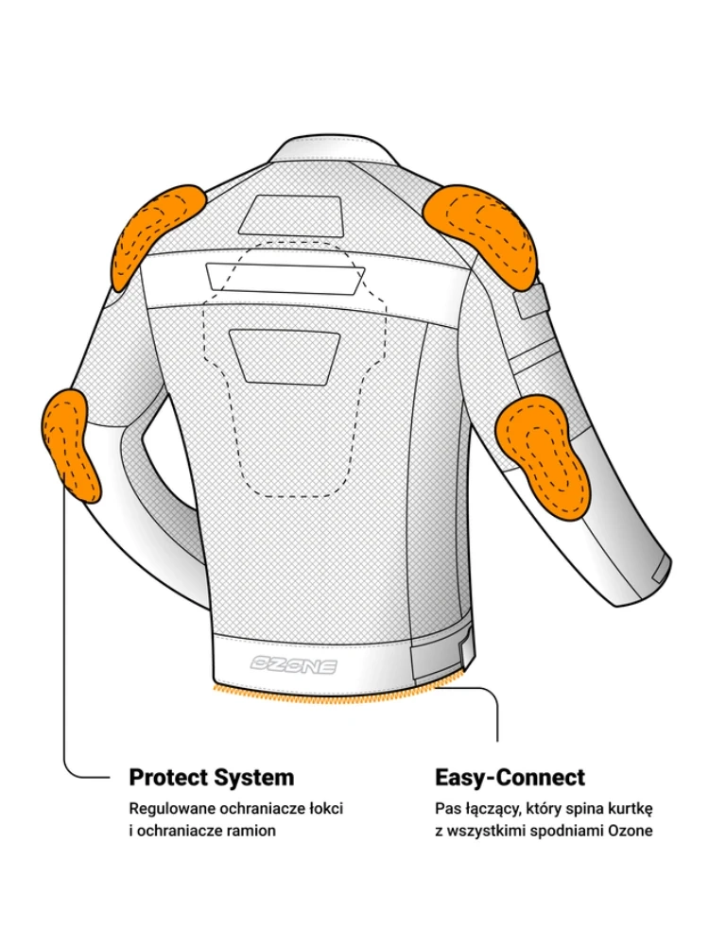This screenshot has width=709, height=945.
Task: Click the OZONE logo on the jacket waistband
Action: tap(293, 664)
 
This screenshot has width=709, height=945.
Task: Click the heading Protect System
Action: tap(211, 778)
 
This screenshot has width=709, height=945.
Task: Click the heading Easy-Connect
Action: tap(510, 778)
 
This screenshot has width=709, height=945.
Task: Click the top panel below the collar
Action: tap(289, 215)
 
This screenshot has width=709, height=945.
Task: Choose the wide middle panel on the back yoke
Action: tap(285, 277)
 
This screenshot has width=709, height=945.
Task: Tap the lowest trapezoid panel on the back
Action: tap(285, 354)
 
